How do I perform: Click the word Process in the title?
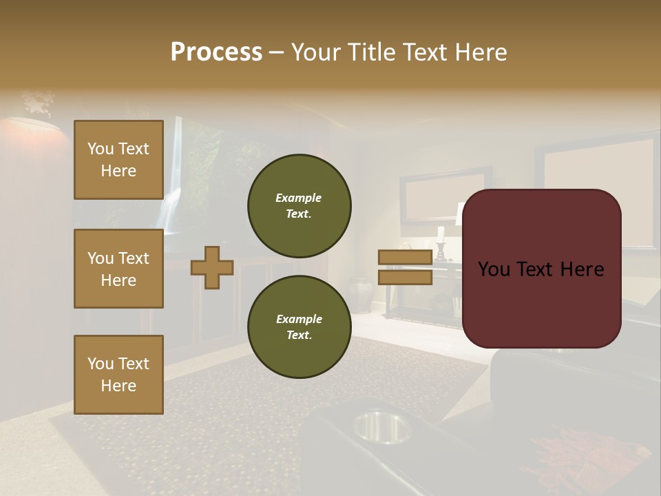coord(216,52)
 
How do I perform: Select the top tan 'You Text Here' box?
coord(118,160)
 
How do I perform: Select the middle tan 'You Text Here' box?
coord(118,269)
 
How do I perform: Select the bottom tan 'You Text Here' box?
coord(118,374)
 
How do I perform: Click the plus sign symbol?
coord(212,267)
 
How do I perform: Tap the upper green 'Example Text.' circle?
coord(299,206)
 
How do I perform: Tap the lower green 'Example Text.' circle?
coord(299,327)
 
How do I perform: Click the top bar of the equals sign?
coord(405,257)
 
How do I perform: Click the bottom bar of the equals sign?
coord(405,277)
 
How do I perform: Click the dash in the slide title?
coord(277,52)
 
